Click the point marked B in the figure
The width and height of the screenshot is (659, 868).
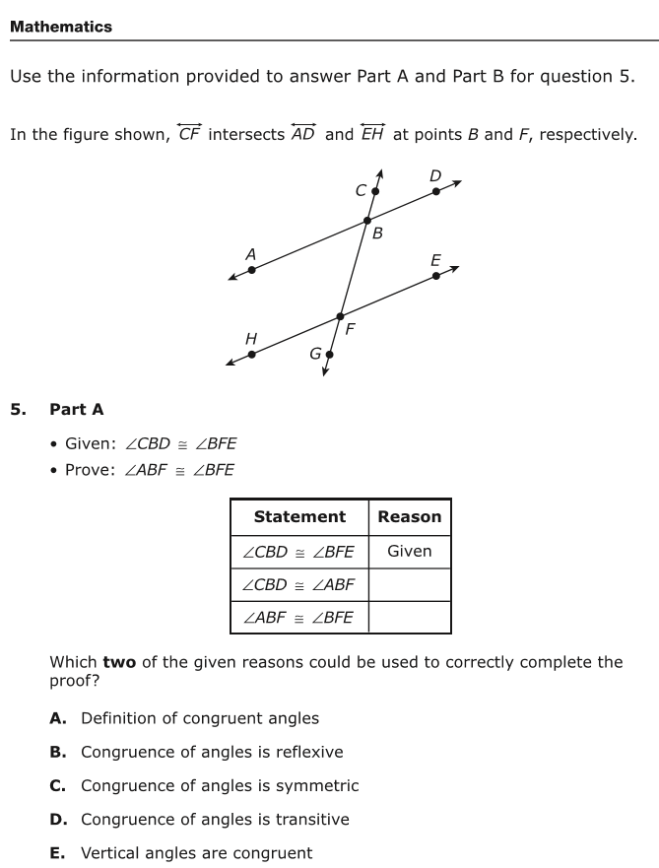coord(366,221)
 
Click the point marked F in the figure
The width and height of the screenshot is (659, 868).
coord(340,316)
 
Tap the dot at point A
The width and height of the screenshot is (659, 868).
coord(252,270)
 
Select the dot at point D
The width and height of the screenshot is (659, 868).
coord(436,191)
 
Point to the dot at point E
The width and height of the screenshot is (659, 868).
coord(436,276)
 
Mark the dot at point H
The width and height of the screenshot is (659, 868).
coord(252,355)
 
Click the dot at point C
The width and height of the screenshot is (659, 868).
coord(375,191)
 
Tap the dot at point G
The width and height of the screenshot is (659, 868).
coord(329,355)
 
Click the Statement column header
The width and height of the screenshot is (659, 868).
coord(299,516)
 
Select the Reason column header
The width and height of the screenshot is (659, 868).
coord(410,516)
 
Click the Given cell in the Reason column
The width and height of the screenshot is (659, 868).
coord(410,552)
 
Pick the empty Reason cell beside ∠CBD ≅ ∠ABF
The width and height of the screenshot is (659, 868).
coord(410,584)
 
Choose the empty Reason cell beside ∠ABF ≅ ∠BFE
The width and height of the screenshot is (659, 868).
coord(410,617)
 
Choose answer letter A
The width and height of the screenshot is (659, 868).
coord(57,718)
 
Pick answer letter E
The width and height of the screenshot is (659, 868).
coord(57,853)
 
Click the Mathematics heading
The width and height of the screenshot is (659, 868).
coord(61,27)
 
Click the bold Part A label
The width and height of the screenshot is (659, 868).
coord(77,410)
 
